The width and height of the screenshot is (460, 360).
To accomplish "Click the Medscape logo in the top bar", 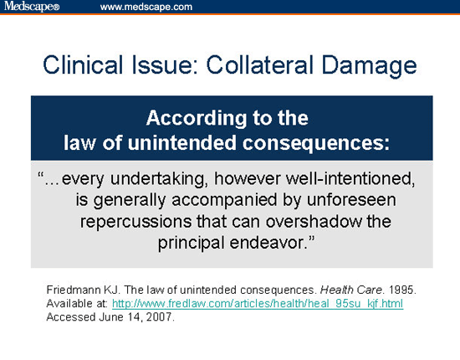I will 31,8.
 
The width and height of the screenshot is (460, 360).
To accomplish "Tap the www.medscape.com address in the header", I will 146,8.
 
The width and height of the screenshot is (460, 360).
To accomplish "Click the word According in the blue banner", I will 195,116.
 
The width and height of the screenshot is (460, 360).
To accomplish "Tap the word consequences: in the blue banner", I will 314,140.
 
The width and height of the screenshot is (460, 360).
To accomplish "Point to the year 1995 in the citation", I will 400,290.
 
